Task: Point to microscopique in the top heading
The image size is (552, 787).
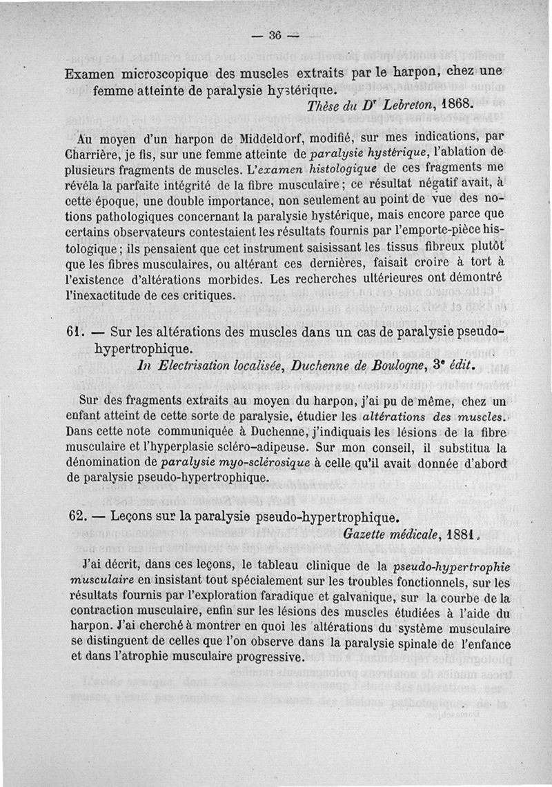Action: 150,73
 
